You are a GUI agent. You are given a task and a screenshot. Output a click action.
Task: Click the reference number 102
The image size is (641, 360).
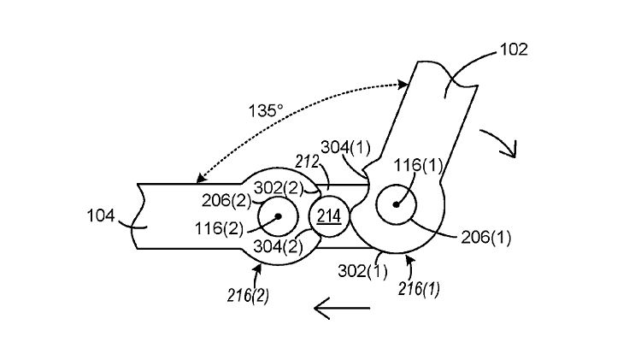(x=514, y=50)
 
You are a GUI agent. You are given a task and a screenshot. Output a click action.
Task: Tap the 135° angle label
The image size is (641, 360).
(x=266, y=110)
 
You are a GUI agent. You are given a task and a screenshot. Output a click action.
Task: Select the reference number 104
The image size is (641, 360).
(x=101, y=215)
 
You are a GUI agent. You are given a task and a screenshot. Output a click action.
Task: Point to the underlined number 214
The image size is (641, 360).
(x=329, y=215)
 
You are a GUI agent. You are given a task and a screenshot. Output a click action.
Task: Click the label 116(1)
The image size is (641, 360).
(x=418, y=165)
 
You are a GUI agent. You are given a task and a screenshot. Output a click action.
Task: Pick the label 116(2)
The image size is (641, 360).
(x=219, y=228)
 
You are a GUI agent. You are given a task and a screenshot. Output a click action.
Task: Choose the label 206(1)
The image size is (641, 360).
(x=486, y=237)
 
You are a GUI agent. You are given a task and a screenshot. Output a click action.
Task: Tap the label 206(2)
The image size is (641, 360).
(x=226, y=200)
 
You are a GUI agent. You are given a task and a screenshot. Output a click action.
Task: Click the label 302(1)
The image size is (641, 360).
(x=362, y=271)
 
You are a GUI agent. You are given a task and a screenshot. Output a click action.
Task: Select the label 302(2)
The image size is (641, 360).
(x=279, y=188)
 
